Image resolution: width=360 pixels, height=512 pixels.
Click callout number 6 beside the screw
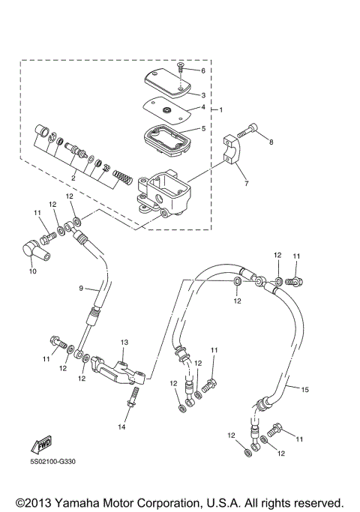coord(202,70)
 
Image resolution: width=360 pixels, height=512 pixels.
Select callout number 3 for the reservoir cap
coord(202,95)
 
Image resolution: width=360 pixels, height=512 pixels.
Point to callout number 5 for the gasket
coord(202,128)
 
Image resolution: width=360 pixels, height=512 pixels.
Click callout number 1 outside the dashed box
coord(221,110)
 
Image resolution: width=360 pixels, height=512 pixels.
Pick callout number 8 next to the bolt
coord(271,141)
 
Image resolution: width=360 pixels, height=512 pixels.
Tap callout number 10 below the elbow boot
coord(32,271)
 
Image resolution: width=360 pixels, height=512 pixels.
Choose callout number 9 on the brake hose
coord(82,287)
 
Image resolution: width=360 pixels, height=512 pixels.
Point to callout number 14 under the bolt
coord(122,427)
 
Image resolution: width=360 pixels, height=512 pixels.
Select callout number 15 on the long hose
coord(304,389)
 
